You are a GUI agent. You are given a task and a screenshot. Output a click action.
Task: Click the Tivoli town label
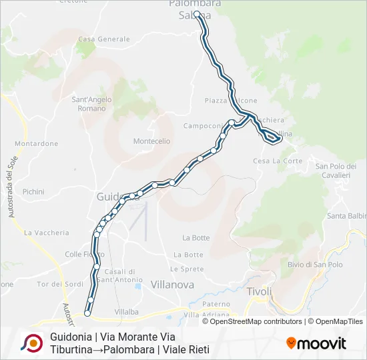point(260,291)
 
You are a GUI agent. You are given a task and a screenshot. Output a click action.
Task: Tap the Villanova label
point(173,284)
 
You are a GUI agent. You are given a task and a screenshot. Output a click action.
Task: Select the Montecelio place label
point(152,141)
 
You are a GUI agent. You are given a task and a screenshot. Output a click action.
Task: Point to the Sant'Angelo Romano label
point(92,104)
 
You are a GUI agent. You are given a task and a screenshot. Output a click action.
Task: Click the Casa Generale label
point(104,39)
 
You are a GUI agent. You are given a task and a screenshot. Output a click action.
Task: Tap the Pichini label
point(33,191)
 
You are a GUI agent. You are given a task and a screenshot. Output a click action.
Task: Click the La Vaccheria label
point(46,233)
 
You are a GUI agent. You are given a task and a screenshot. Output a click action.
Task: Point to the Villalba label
point(126,311)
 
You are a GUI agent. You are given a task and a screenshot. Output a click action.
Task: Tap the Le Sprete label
point(186,269)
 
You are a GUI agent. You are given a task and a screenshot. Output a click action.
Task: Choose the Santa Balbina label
point(347,216)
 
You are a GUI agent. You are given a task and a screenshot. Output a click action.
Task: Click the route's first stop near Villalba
point(87,313)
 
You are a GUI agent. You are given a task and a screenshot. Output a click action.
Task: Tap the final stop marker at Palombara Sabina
point(197,13)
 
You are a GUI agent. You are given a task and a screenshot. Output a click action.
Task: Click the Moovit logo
point(316,343)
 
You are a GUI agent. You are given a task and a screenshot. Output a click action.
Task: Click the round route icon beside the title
point(31,343)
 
